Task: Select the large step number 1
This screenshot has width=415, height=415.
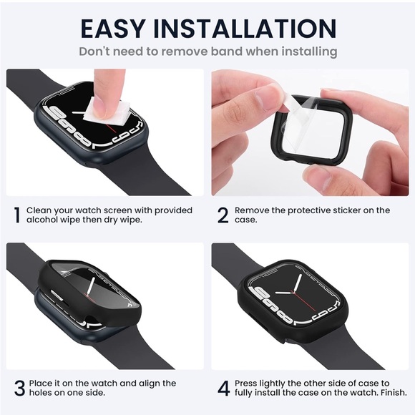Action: pos(16,215)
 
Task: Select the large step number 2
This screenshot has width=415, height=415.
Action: pos(223,215)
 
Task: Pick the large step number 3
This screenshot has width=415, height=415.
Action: pos(16,389)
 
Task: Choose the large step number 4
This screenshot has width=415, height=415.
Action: pos(223,389)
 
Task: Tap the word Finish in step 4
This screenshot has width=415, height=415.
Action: pos(390,394)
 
